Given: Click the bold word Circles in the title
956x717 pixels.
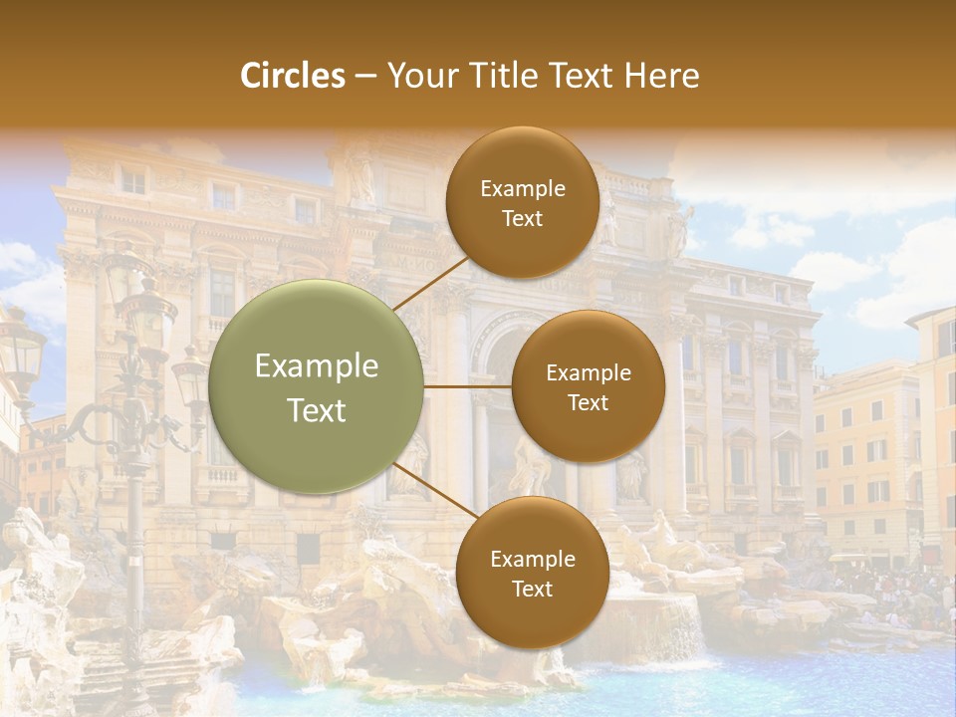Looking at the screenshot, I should pos(293,76).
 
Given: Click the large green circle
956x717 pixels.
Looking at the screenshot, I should pos(317,386).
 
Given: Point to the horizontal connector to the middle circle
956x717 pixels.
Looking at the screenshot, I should pos(468,386).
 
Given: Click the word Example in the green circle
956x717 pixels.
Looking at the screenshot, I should pos(317,366).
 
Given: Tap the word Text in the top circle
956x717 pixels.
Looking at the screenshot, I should pos(522,218).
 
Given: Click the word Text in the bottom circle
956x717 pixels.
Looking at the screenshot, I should pos(532,589).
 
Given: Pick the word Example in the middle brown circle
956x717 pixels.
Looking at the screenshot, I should pos(588,373).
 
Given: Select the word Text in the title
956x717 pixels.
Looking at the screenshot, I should pos(582,76).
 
